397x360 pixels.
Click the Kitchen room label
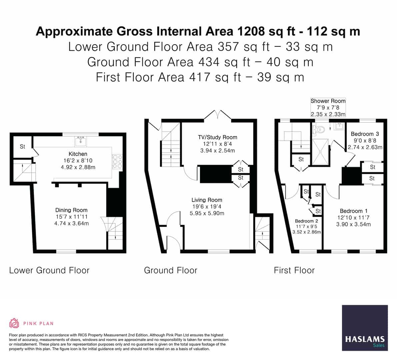coord(78,154)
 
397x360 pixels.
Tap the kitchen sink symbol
coord(81,141)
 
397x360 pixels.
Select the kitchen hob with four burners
coord(117,162)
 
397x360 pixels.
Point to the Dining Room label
coord(71,210)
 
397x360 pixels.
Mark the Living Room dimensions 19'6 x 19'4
coord(207,207)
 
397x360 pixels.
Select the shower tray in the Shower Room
coord(320,152)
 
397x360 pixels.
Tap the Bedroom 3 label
coord(365,134)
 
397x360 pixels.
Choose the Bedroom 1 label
coord(353,211)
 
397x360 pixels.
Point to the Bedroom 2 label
coord(306,221)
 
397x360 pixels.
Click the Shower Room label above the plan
coord(328,101)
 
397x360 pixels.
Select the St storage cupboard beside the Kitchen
coord(22,147)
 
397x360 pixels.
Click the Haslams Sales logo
coord(365,328)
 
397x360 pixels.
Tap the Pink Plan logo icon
coord(14,323)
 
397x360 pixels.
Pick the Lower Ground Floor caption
coord(49,270)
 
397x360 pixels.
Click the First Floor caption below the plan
coord(294,270)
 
